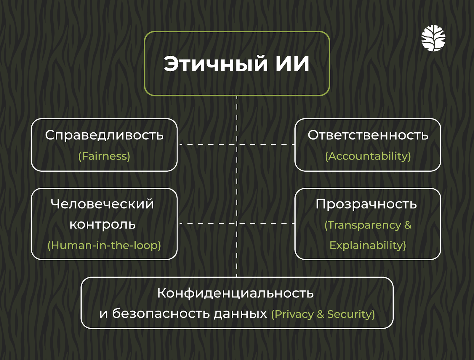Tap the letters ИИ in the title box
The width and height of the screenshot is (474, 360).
pyautogui.click(x=293, y=64)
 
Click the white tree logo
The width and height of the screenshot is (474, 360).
pyautogui.click(x=433, y=38)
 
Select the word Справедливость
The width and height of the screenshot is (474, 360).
pyautogui.click(x=104, y=135)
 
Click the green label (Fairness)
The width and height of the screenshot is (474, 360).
pyautogui.click(x=104, y=156)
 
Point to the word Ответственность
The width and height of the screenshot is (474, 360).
pyautogui.click(x=368, y=135)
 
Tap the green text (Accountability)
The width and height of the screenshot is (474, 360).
pyautogui.click(x=368, y=156)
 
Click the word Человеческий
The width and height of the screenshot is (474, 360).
pyautogui.click(x=103, y=204)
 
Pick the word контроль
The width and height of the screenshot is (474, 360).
pyautogui.click(x=103, y=224)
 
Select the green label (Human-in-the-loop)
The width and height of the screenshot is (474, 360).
pyautogui.click(x=104, y=245)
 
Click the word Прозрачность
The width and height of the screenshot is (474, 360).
pyautogui.click(x=366, y=204)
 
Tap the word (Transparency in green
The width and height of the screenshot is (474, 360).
pyautogui.click(x=363, y=225)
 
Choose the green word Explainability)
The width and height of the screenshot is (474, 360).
pyautogui.click(x=368, y=245)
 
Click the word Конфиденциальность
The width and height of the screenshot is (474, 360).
pyautogui.click(x=236, y=293)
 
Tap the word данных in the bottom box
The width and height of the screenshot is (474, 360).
pyautogui.click(x=240, y=314)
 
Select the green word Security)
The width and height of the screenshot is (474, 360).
pyautogui.click(x=351, y=314)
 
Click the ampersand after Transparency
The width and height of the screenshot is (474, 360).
pyautogui.click(x=408, y=225)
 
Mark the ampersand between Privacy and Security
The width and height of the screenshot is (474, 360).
pyautogui.click(x=321, y=314)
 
